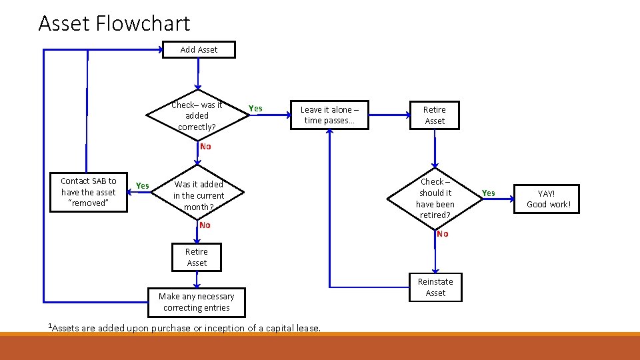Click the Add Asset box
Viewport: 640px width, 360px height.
click(199, 49)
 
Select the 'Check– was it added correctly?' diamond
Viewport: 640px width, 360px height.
click(197, 115)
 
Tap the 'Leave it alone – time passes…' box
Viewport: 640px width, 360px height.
click(330, 115)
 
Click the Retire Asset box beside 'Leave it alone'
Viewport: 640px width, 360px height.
click(435, 115)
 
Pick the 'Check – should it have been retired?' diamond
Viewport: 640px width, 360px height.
click(435, 198)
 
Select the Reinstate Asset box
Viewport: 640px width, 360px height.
click(435, 287)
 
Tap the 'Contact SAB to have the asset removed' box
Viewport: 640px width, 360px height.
click(88, 192)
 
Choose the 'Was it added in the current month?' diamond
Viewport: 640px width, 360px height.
click(198, 195)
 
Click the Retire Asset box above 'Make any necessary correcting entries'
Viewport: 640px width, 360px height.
click(197, 257)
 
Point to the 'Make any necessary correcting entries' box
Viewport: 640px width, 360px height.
click(196, 302)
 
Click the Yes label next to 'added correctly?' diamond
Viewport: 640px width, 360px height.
click(255, 109)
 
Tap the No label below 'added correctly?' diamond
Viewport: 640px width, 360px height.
click(205, 147)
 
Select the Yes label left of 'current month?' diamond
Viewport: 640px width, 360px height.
click(142, 185)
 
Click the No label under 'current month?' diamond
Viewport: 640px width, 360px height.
click(205, 225)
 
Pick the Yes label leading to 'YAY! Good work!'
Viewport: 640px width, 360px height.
click(489, 193)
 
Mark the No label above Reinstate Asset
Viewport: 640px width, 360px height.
click(443, 234)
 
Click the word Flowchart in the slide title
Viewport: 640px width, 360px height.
click(143, 24)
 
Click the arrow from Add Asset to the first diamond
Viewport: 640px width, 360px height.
click(197, 73)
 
